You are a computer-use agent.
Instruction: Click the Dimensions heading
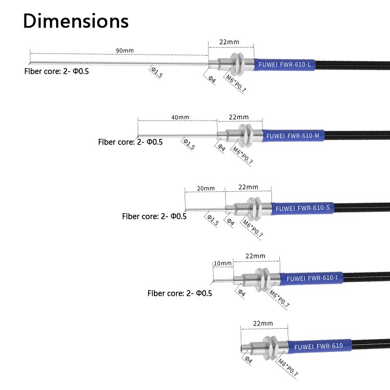(76, 21)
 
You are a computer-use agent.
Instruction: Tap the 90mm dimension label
(124, 50)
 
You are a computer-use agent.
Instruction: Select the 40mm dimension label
(180, 117)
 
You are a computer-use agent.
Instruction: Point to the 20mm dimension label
(205, 188)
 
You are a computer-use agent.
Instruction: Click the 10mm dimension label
(223, 263)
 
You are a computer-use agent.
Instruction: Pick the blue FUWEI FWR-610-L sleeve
(284, 65)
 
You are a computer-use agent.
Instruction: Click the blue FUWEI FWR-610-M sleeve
(293, 136)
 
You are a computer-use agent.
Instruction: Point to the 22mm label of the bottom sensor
(263, 323)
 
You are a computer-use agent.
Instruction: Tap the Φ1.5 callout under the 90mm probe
(157, 72)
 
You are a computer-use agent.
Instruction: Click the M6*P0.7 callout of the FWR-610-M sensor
(242, 154)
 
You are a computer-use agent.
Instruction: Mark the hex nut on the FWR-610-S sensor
(255, 209)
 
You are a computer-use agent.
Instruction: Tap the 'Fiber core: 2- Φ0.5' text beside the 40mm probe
(130, 141)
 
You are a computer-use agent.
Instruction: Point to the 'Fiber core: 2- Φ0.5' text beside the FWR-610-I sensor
(179, 293)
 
